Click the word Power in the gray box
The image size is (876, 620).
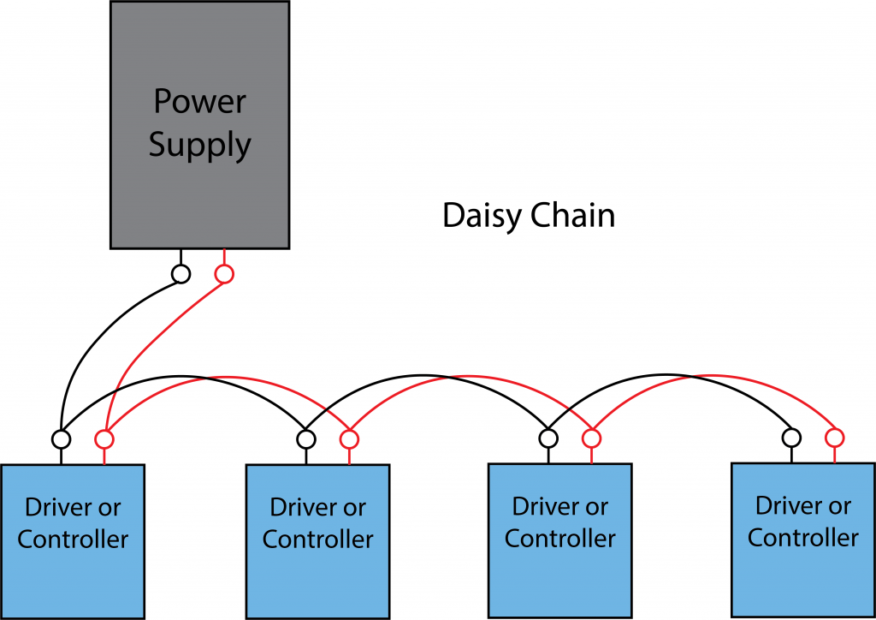pyautogui.click(x=199, y=101)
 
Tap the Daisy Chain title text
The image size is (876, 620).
pyautogui.click(x=528, y=216)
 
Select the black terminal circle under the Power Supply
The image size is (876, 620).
pyautogui.click(x=181, y=274)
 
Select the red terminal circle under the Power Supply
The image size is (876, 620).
pyautogui.click(x=223, y=274)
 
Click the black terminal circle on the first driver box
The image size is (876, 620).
pyautogui.click(x=61, y=438)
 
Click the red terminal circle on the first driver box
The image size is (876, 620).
pyautogui.click(x=104, y=438)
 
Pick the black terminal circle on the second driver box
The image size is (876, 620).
pyautogui.click(x=306, y=438)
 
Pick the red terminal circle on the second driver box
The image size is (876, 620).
pyautogui.click(x=349, y=438)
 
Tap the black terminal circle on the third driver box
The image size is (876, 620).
pyautogui.click(x=548, y=438)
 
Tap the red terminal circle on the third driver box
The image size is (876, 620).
pyautogui.click(x=591, y=438)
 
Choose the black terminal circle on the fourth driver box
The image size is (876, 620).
pyautogui.click(x=791, y=438)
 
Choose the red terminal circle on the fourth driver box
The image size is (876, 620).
pyautogui.click(x=834, y=438)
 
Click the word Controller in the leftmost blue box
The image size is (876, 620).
pyautogui.click(x=73, y=540)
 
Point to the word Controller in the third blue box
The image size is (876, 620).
pyautogui.click(x=559, y=539)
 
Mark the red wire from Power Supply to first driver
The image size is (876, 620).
pyautogui.click(x=145, y=343)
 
